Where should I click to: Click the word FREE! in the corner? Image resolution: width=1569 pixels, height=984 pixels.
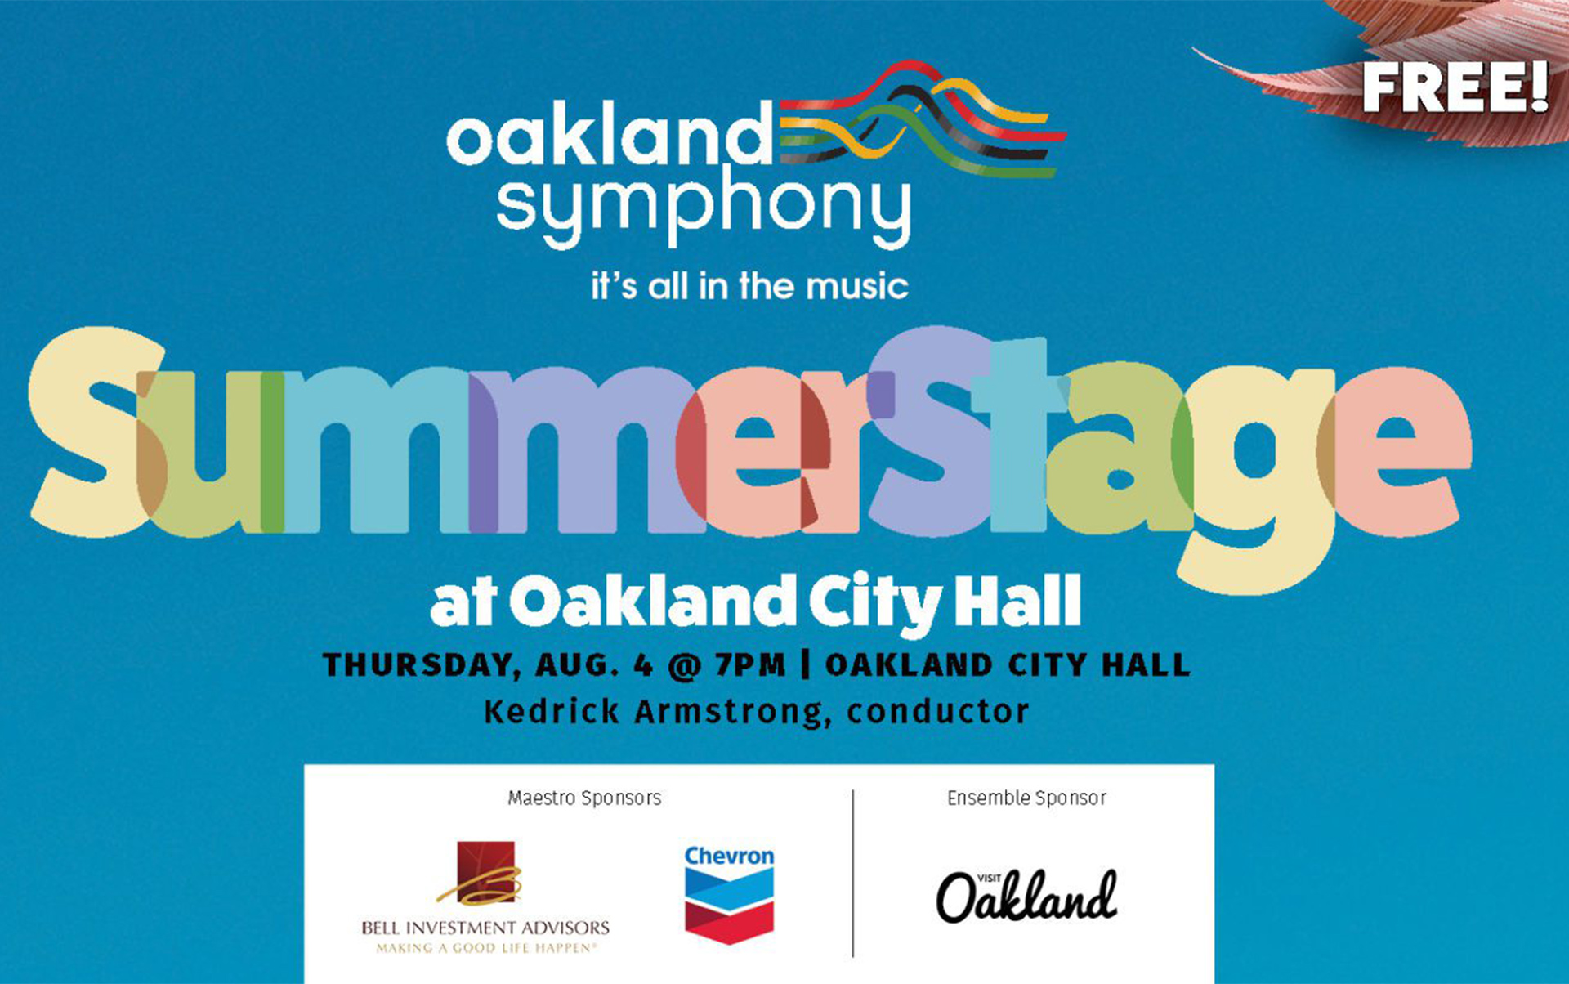click(x=1455, y=88)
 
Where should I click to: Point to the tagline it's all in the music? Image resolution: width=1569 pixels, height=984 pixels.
click(x=749, y=286)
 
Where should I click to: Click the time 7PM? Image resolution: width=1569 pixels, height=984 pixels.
click(x=749, y=664)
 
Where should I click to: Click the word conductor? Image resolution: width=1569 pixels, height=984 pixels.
click(x=937, y=712)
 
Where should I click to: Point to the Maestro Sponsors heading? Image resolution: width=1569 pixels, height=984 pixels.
click(x=584, y=798)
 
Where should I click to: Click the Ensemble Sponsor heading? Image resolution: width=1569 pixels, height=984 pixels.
click(x=1026, y=798)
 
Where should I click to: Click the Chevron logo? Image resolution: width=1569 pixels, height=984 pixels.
click(x=729, y=894)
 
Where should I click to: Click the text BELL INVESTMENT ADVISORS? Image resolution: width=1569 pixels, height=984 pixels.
click(x=485, y=928)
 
